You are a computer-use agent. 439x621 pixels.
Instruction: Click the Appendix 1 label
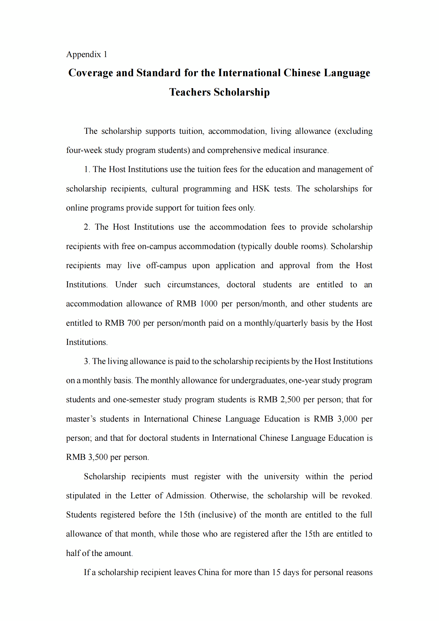(x=87, y=54)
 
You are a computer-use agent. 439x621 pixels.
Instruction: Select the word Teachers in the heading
(x=190, y=92)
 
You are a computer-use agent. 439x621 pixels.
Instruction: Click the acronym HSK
(x=261, y=189)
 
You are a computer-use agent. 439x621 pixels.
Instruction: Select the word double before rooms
(x=286, y=246)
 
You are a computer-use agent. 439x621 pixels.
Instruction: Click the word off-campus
(x=166, y=265)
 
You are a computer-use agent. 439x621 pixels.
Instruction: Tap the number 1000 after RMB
(x=209, y=304)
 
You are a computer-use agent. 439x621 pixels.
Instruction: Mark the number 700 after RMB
(x=134, y=323)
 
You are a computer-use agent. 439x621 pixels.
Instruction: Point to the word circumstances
(x=193, y=285)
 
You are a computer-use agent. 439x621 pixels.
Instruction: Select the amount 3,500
(x=98, y=457)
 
